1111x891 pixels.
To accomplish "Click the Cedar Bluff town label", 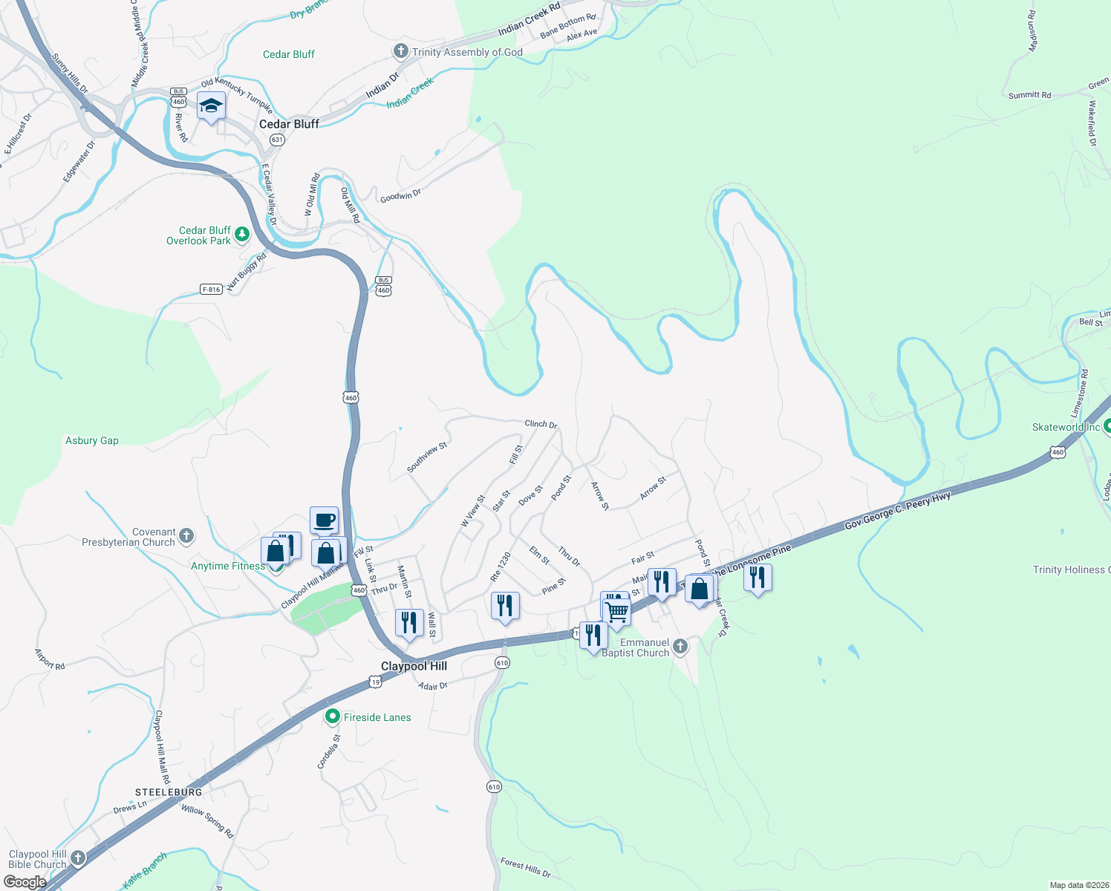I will (289, 124).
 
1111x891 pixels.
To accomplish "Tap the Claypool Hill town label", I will (414, 666).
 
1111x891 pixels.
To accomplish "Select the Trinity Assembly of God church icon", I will (401, 51).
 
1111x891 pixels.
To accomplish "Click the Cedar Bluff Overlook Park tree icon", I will (241, 235).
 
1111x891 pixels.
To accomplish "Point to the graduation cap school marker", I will (212, 106).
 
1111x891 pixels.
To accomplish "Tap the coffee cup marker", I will (325, 520).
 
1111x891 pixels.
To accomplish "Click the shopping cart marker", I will (617, 613).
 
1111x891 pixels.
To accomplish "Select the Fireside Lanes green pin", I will (333, 717).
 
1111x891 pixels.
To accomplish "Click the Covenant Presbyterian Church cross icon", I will (186, 535).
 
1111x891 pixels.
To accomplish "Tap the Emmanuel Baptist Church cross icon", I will (680, 647).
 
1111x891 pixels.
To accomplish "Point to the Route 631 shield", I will (277, 140).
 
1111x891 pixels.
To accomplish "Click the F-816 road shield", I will (211, 290).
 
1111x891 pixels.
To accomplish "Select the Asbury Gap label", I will (92, 440).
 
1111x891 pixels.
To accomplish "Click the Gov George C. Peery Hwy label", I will (897, 511).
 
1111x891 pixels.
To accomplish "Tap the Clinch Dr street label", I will (541, 424).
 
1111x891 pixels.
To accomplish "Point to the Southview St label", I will (427, 457).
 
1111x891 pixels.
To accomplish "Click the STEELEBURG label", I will (169, 792).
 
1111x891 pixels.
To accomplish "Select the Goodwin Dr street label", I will (400, 196).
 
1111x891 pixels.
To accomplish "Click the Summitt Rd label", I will (1029, 95).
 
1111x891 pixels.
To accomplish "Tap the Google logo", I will (25, 882).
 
